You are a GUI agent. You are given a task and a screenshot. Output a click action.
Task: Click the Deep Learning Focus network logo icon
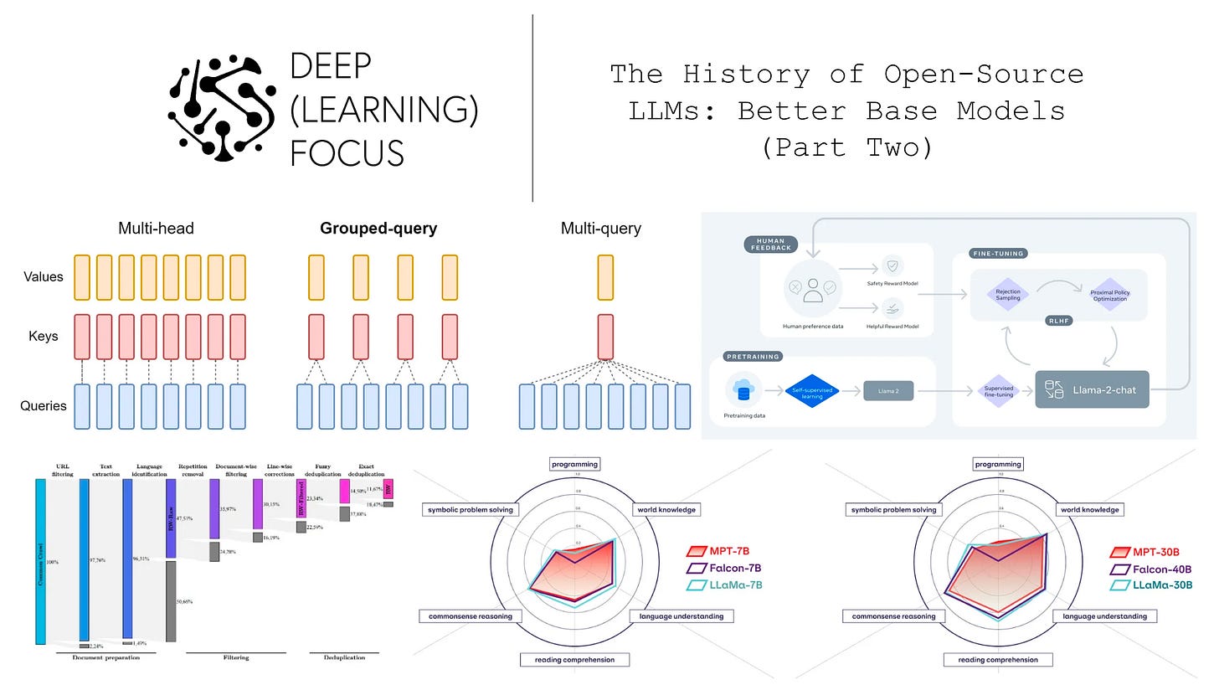pyautogui.click(x=222, y=107)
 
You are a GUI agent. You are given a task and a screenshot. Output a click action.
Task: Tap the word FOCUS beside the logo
pyautogui.click(x=347, y=153)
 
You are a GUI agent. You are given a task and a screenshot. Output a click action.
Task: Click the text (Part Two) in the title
pyautogui.click(x=846, y=147)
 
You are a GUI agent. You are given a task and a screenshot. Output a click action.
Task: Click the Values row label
pyautogui.click(x=43, y=276)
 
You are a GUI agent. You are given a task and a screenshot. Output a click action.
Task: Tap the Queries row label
pyautogui.click(x=43, y=406)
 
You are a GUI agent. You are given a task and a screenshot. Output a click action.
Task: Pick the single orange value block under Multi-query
pyautogui.click(x=605, y=277)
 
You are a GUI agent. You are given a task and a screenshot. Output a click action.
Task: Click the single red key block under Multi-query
pyautogui.click(x=605, y=336)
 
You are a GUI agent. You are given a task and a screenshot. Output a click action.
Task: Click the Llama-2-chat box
pyautogui.click(x=1092, y=390)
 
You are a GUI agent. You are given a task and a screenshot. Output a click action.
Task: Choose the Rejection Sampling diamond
pyautogui.click(x=1007, y=295)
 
